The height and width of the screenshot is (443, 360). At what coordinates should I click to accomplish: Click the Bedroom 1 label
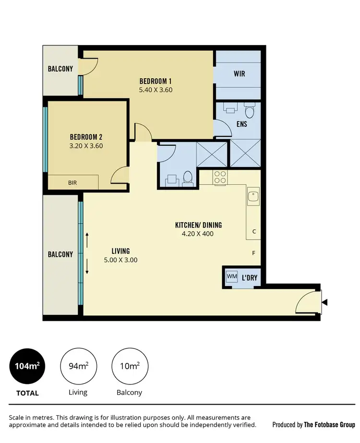[156, 80]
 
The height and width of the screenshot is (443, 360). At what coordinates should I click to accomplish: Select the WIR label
[240, 74]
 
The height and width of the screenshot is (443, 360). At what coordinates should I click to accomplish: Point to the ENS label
[241, 124]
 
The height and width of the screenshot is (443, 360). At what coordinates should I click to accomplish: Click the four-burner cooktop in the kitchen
[220, 177]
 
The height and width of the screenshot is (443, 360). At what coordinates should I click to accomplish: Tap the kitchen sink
[253, 196]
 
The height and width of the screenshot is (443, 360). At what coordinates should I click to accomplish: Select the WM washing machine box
[232, 276]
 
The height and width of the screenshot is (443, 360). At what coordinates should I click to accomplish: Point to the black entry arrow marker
[325, 302]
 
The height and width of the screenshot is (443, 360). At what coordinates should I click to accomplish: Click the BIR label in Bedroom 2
[72, 182]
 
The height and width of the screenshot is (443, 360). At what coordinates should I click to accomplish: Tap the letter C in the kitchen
[254, 231]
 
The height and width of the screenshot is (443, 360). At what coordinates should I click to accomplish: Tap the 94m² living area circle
[77, 367]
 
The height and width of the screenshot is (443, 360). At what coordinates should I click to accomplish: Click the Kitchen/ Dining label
[198, 225]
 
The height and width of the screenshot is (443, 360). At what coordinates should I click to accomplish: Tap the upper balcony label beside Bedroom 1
[60, 69]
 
